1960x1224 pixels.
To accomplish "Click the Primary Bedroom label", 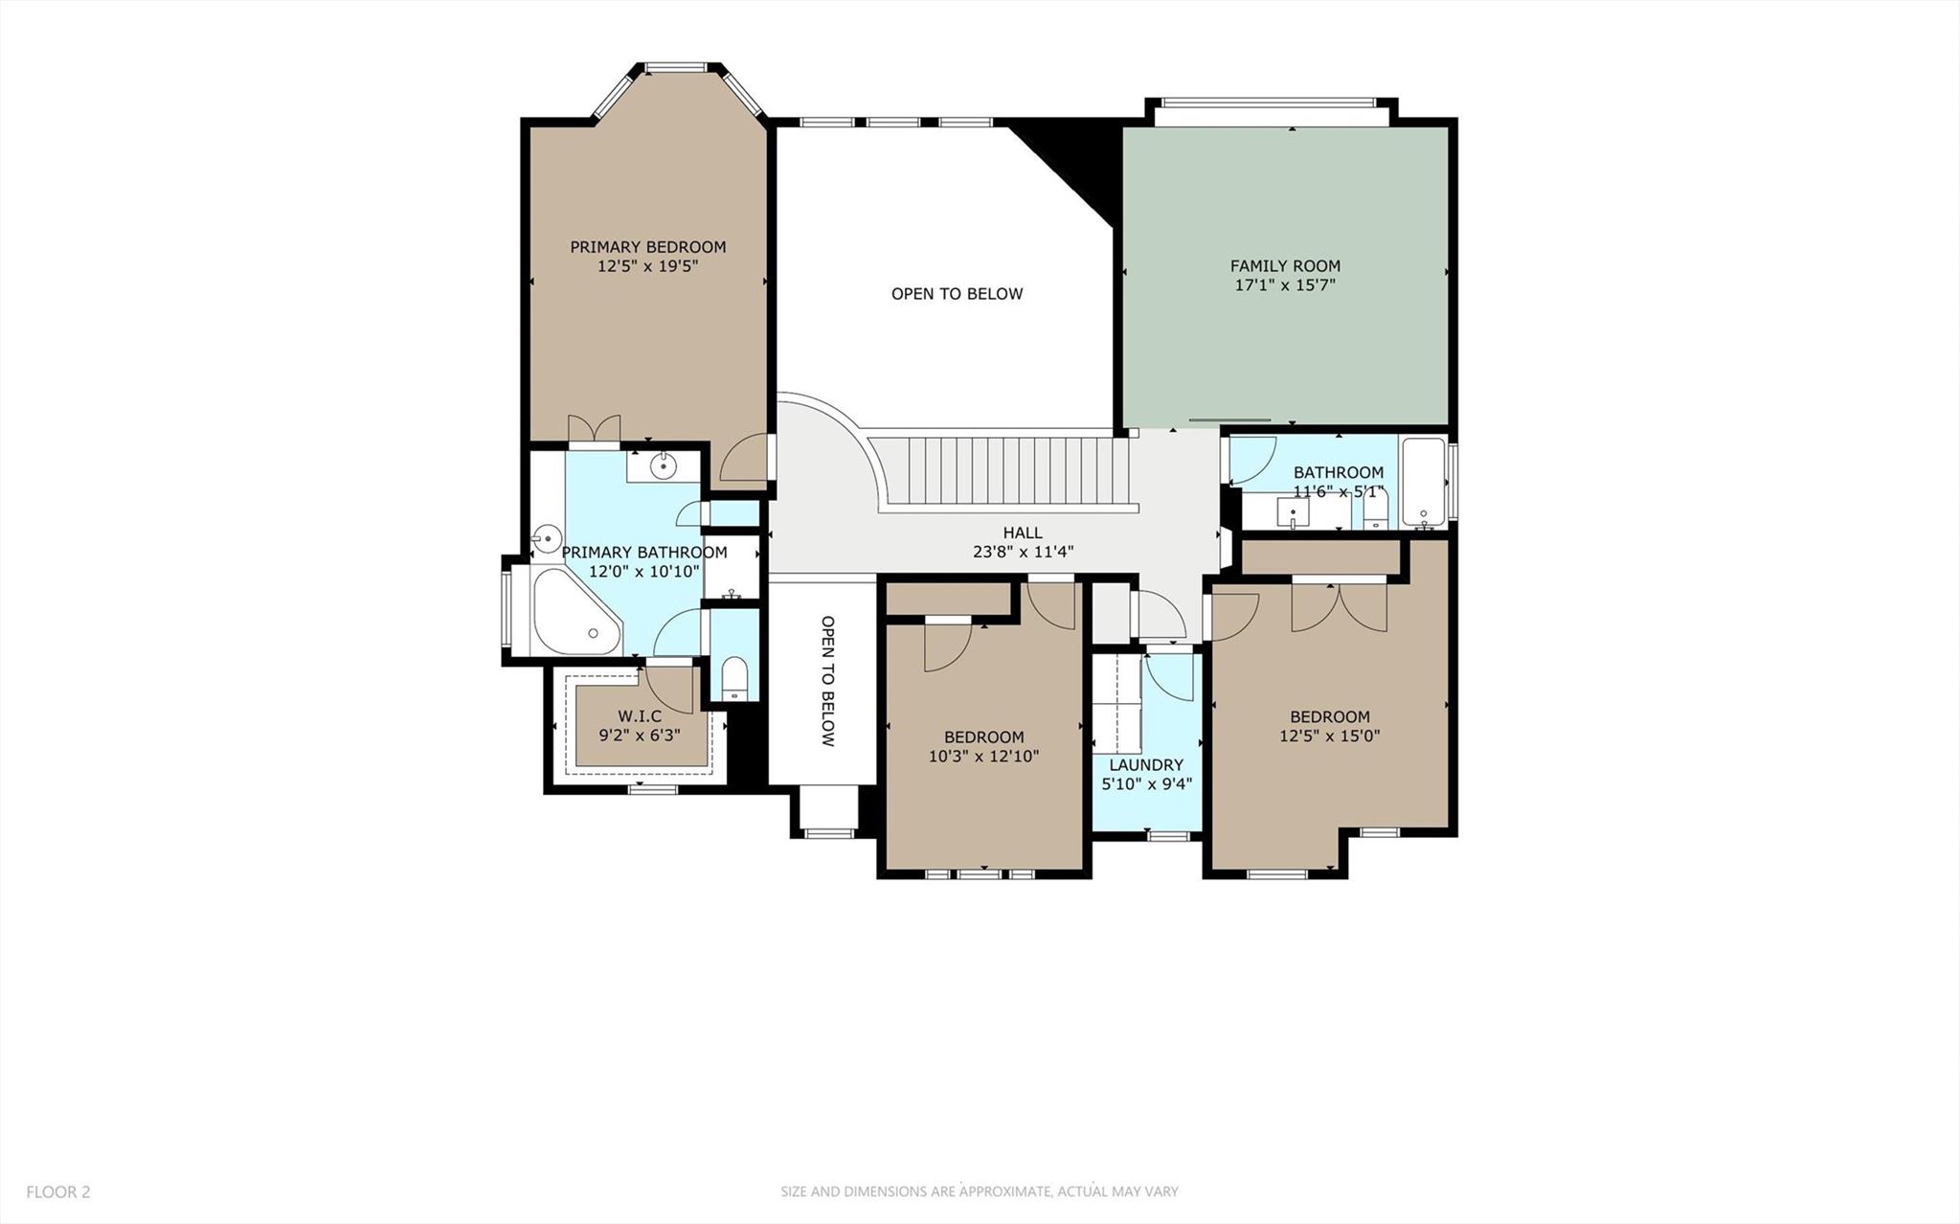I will (647, 247).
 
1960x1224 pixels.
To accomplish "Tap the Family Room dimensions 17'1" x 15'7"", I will (1284, 285).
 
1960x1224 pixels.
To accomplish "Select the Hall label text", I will (1022, 533).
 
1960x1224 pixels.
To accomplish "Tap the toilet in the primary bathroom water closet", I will (733, 678).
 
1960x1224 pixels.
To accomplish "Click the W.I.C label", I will (640, 716).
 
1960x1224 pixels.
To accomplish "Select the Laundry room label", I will (1146, 765).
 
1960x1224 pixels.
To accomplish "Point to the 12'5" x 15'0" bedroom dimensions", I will (1329, 737).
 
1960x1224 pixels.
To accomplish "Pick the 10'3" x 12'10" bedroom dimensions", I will (983, 757).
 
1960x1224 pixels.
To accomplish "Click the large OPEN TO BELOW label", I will (957, 294).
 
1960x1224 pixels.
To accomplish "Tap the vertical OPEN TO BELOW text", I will (828, 681).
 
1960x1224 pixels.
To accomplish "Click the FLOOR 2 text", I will (58, 1192).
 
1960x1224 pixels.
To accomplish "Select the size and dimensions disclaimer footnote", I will (979, 1192).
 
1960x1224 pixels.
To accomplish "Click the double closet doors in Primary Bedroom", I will (594, 428).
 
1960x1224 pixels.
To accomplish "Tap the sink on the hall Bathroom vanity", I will (1294, 513).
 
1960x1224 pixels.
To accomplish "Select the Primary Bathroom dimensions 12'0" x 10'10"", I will (643, 572).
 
